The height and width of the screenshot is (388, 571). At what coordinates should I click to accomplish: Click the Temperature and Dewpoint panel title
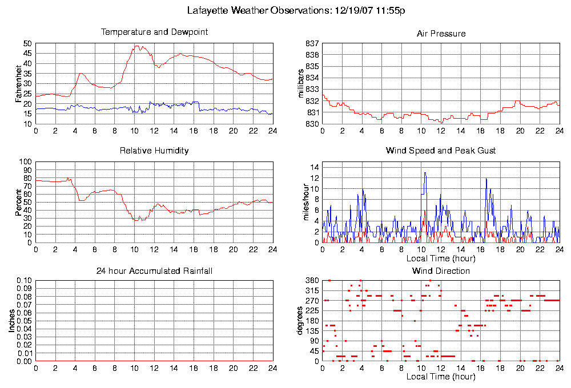tap(154, 32)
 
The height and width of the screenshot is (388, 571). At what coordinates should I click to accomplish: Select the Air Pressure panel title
tap(441, 34)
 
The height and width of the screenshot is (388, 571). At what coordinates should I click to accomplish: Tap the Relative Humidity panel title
tap(154, 151)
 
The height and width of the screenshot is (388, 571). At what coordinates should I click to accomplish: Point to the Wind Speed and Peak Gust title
tap(441, 151)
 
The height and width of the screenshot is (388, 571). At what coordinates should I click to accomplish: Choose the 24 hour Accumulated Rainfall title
tap(154, 270)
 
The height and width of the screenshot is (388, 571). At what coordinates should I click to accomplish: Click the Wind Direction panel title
tap(441, 270)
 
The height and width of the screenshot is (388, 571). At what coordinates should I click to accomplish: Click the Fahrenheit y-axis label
tap(18, 83)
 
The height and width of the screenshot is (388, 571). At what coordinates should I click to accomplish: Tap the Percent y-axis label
tap(18, 202)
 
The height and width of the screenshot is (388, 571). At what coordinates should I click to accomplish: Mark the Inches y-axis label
tap(11, 321)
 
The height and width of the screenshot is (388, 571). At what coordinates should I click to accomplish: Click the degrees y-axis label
tap(300, 321)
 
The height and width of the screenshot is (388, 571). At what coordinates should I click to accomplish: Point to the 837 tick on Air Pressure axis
tap(312, 43)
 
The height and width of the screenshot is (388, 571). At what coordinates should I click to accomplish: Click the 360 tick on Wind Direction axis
tap(312, 281)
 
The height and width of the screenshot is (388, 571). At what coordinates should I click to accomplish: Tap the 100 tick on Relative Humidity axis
tap(25, 162)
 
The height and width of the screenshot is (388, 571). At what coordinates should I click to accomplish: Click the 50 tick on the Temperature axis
tap(27, 43)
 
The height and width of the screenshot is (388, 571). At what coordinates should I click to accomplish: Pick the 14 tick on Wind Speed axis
tap(314, 167)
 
